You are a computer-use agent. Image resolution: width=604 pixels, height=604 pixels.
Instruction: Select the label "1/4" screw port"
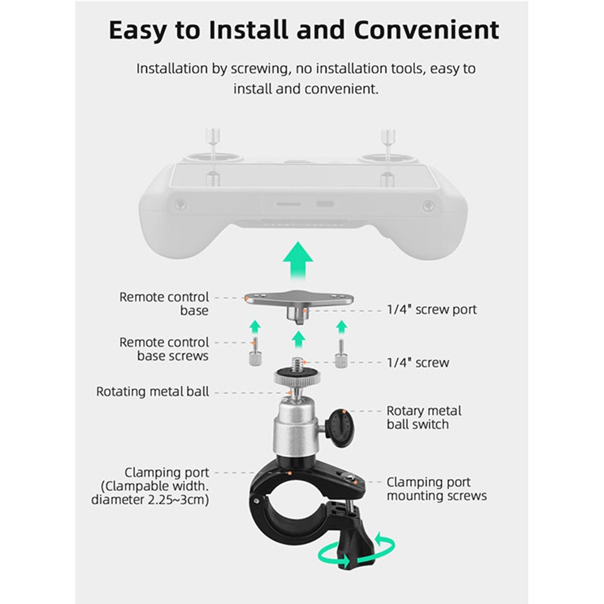(x=431, y=309)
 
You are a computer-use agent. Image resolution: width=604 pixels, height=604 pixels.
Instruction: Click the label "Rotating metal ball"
(x=153, y=391)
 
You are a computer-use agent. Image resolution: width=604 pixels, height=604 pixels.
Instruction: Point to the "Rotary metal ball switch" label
(x=423, y=417)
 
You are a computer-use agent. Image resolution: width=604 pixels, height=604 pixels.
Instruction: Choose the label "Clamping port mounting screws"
(x=436, y=489)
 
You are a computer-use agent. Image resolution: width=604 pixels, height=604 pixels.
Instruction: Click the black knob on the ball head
(x=342, y=426)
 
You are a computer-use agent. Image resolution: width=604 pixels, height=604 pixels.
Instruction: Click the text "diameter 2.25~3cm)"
(x=150, y=500)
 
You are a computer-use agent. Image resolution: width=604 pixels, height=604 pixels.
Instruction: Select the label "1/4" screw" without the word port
(x=417, y=362)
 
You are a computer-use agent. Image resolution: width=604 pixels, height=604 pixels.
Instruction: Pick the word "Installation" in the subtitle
(x=173, y=68)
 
